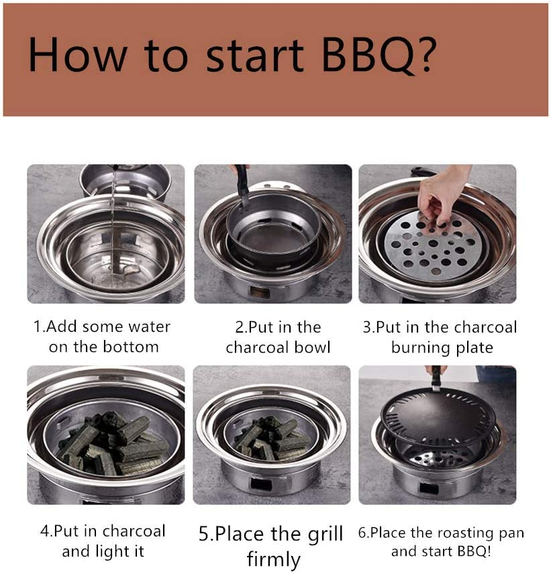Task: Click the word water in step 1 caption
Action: [x=145, y=327]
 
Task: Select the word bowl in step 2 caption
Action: [x=309, y=347]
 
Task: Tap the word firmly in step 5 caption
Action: [x=273, y=559]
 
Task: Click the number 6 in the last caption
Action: [x=362, y=533]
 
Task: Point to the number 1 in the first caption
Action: [x=38, y=327]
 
